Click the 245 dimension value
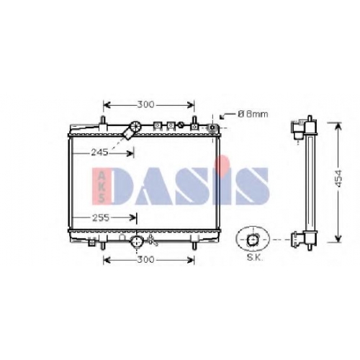[99, 152]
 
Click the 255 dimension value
[101, 217]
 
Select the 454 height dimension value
[338, 179]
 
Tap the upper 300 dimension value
[145, 104]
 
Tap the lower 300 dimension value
[145, 259]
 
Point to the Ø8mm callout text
[253, 114]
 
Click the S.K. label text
[255, 258]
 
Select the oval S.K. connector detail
[253, 239]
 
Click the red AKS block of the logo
[102, 186]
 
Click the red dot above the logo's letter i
[222, 162]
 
